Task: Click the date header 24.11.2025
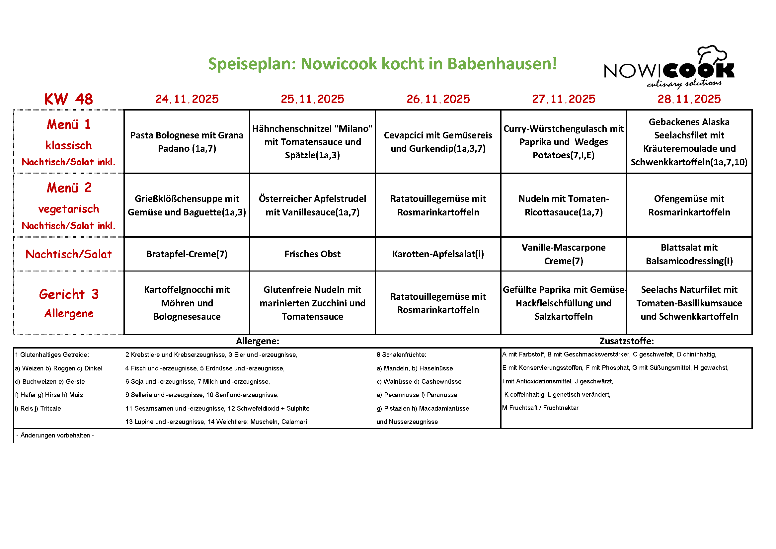[187, 99]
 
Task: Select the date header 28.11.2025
[689, 99]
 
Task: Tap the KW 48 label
[69, 99]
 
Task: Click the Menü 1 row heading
[69, 124]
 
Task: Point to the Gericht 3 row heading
[69, 294]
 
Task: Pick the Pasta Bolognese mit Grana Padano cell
[187, 142]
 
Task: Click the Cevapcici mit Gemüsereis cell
[438, 142]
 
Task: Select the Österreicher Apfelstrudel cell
[312, 205]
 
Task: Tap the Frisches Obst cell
[312, 254]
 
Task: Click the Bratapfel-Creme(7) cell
[187, 254]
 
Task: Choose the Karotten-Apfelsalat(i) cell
[438, 254]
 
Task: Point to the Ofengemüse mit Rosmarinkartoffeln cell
[689, 205]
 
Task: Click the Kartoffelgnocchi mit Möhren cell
[187, 303]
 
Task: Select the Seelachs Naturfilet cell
[689, 303]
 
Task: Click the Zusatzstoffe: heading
[626, 341]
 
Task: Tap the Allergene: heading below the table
[258, 341]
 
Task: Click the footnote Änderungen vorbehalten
[55, 435]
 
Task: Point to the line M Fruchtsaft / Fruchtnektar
[540, 408]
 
